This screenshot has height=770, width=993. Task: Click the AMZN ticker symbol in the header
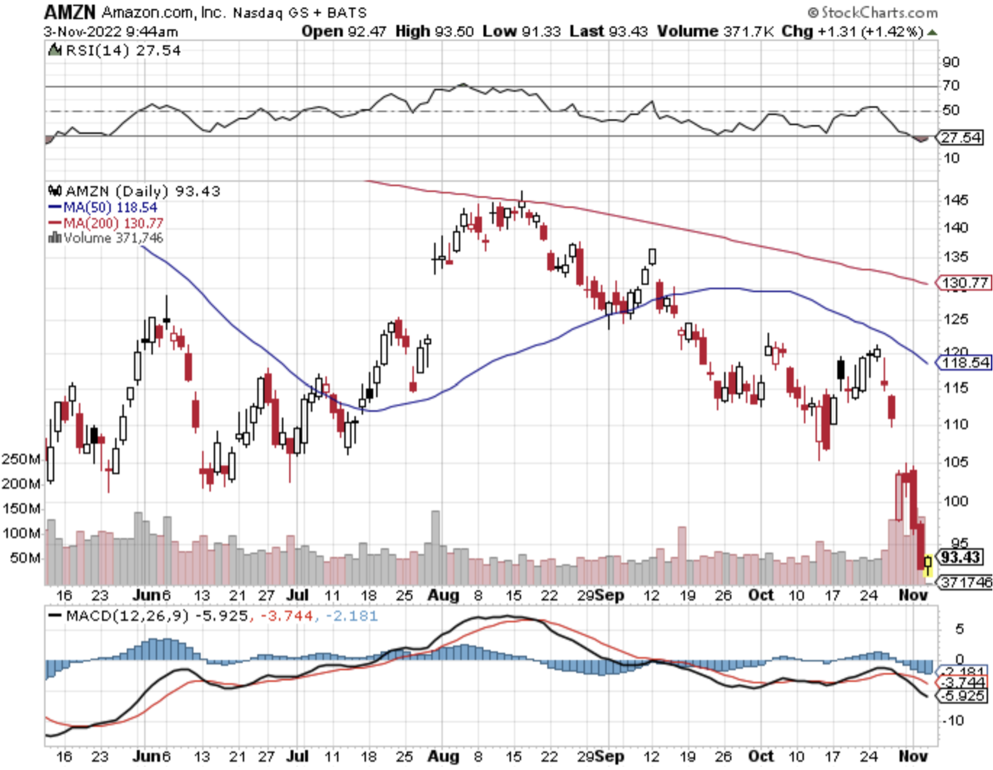click(x=69, y=11)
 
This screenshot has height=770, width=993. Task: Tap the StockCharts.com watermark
click(x=873, y=12)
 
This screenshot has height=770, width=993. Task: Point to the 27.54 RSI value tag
click(x=961, y=137)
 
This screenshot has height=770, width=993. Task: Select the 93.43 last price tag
click(x=961, y=557)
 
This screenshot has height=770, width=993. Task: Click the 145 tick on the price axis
click(x=955, y=200)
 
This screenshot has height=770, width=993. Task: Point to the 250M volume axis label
click(x=20, y=459)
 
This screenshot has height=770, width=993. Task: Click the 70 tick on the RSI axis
click(x=951, y=85)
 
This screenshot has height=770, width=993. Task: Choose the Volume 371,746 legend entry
click(x=106, y=238)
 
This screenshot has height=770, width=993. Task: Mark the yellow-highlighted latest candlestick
click(x=927, y=563)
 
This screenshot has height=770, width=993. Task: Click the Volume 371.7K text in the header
click(x=714, y=31)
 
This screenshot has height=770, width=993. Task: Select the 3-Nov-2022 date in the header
click(x=82, y=31)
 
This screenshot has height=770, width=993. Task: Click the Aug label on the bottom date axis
click(x=443, y=756)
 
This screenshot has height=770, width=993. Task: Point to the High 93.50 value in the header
click(x=434, y=31)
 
